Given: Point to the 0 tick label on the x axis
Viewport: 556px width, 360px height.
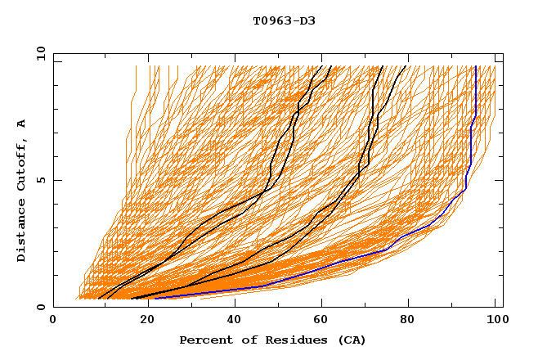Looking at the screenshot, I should [53, 321].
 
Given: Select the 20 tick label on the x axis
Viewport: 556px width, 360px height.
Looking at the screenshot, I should [141, 321].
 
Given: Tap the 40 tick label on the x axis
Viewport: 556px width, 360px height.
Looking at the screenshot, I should [231, 321].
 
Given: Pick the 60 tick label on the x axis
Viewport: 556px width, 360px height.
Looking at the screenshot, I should [319, 321].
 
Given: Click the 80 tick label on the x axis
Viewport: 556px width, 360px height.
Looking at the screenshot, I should [407, 321].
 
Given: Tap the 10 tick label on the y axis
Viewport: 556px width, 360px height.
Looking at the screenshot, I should [38, 54].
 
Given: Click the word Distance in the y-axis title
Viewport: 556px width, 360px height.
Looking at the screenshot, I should [22, 233].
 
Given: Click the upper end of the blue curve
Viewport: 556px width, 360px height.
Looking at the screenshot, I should [475, 67].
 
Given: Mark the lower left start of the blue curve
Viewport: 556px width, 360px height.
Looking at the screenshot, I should [155, 298].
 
